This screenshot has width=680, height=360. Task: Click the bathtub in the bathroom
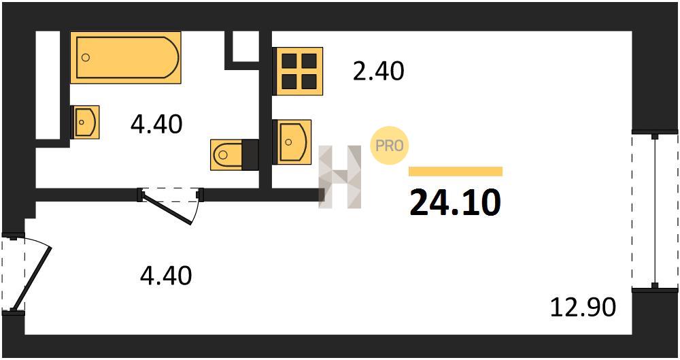pos(125,57)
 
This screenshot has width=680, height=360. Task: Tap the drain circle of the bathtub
pos(86,57)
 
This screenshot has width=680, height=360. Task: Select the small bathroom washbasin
pos(86,122)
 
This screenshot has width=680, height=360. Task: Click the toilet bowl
pos(226,154)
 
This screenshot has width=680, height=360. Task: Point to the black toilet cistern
pos(250,154)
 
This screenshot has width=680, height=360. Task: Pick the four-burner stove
pos(299,71)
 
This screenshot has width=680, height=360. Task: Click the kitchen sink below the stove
pos(292,142)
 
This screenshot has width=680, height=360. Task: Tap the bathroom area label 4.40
pos(156,125)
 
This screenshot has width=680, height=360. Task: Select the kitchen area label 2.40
pos(378,71)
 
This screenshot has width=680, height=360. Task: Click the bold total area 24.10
pos(455,203)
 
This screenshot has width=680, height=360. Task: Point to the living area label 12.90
pos(583,307)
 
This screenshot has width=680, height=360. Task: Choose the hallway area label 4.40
pos(166,276)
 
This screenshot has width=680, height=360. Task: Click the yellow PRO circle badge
pos(390,146)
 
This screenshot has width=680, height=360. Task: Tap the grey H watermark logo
pos(340,177)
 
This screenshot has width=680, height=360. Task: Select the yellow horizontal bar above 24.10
pos(456,171)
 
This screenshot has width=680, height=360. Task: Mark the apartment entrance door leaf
pos(32,278)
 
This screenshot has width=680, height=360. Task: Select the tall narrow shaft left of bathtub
pos(48,86)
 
